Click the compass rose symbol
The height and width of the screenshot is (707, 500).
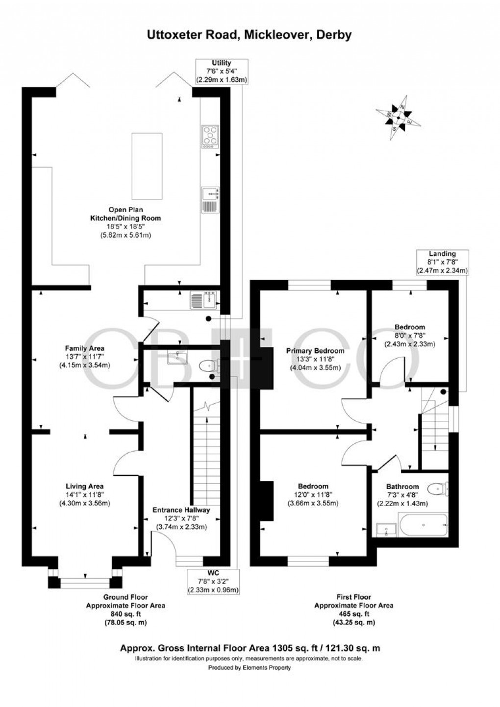pyautogui.click(x=400, y=118)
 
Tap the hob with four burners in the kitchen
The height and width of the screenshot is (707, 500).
pyautogui.click(x=210, y=136)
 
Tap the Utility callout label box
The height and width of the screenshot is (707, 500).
pyautogui.click(x=222, y=71)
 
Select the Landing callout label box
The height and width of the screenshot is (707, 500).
pyautogui.click(x=442, y=262)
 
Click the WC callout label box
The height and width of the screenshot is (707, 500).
pyautogui.click(x=213, y=582)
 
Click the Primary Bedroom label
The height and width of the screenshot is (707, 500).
pyautogui.click(x=315, y=351)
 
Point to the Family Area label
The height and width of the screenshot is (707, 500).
pyautogui.click(x=84, y=348)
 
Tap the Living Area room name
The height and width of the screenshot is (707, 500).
pyautogui.click(x=84, y=486)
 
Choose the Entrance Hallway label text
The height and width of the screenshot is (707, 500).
pyautogui.click(x=181, y=510)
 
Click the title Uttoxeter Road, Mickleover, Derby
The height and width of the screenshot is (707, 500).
pyautogui.click(x=250, y=35)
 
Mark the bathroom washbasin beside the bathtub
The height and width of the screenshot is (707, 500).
pyautogui.click(x=386, y=529)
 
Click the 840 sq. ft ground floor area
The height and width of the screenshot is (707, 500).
pyautogui.click(x=126, y=614)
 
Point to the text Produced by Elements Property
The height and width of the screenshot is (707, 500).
pyautogui.click(x=250, y=668)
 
